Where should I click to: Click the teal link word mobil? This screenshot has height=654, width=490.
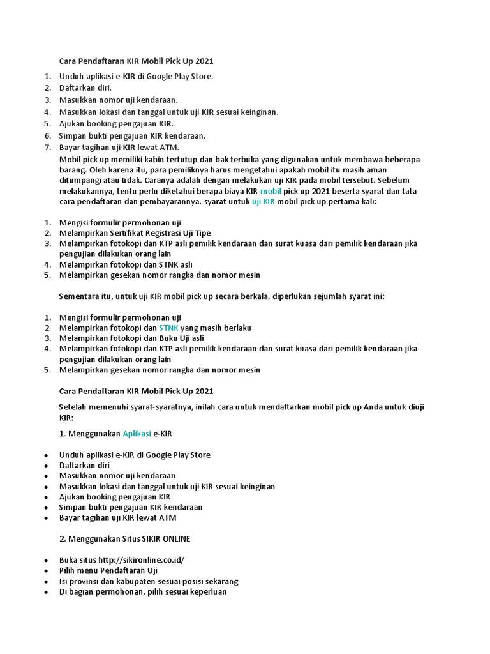tap(271, 191)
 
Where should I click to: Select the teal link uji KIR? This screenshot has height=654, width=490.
tap(263, 201)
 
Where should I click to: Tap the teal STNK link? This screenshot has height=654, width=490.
tap(168, 328)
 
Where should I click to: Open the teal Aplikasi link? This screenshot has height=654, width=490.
tap(137, 434)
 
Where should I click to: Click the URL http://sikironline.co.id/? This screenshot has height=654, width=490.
tap(144, 560)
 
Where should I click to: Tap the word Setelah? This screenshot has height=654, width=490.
tap(72, 407)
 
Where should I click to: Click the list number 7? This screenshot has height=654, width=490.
tap(47, 148)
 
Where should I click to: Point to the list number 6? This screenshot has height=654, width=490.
tap(47, 136)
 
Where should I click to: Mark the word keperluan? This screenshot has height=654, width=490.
tap(204, 591)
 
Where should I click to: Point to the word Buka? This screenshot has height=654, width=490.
tap(69, 560)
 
